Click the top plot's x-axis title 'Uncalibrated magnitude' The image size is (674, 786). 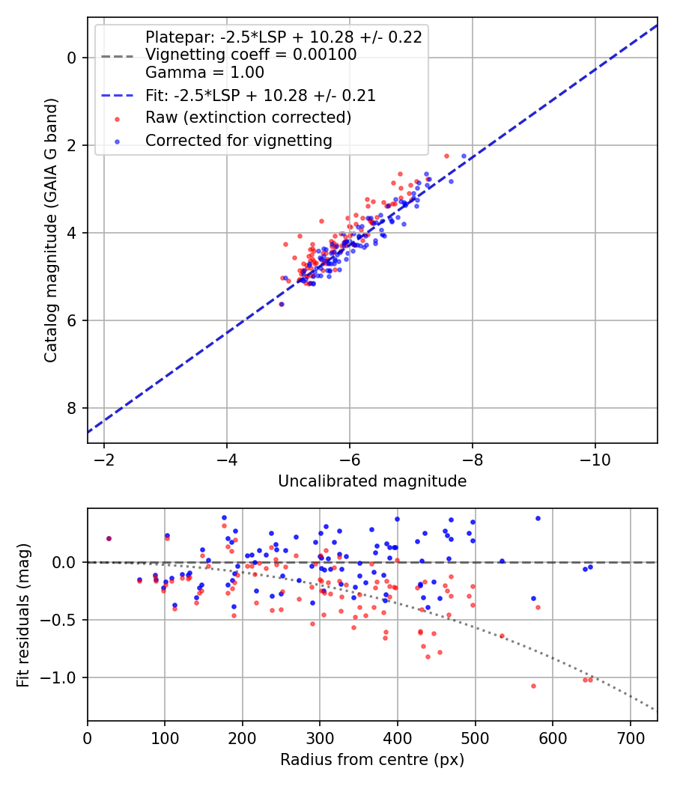pos(372,481)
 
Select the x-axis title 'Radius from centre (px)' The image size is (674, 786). pos(372,760)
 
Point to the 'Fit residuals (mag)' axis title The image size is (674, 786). pos(23,615)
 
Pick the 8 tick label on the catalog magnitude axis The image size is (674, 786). pos(72,408)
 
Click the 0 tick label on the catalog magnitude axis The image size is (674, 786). pos(72,58)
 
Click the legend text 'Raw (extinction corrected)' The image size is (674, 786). pos(249,118)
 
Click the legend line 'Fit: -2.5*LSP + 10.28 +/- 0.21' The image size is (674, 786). pos(118,96)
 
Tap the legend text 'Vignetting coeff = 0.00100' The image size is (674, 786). pos(251,55)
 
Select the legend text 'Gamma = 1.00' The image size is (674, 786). pos(204,73)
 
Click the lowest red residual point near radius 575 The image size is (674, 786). pos(533,686)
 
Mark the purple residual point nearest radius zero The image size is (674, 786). pos(109,538)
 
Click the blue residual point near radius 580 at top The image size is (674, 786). pos(538,518)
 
